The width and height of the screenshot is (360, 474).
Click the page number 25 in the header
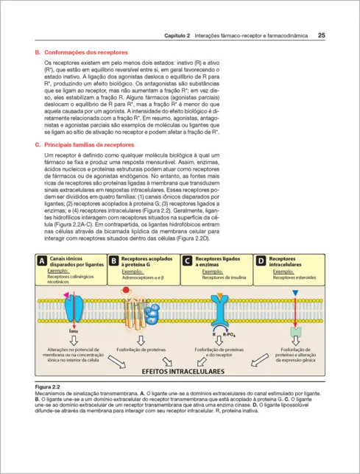pos(322,35)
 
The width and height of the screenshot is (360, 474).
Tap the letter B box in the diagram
pos(113,261)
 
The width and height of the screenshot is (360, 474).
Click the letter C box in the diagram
pos(187,261)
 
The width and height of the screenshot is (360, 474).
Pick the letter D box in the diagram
pos(261,261)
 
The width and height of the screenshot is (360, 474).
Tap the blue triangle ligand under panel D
pos(295,293)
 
